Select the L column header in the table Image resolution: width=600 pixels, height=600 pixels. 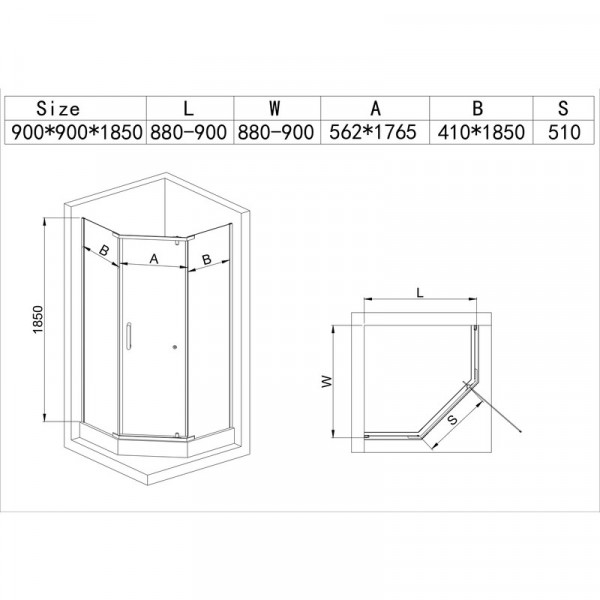pyautogui.click(x=190, y=108)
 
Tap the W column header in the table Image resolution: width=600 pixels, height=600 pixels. pyautogui.click(x=276, y=108)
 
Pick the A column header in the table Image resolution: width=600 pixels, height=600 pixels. pyautogui.click(x=375, y=108)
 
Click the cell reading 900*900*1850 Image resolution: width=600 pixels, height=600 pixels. pyautogui.click(x=75, y=132)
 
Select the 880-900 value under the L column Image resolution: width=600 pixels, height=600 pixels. pyautogui.click(x=190, y=132)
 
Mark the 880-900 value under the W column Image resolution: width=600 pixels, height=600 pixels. pyautogui.click(x=276, y=132)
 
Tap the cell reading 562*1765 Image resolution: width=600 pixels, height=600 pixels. pyautogui.click(x=375, y=132)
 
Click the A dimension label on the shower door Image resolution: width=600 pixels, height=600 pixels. pyautogui.click(x=154, y=258)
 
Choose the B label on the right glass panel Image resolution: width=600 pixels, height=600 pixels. pyautogui.click(x=206, y=259)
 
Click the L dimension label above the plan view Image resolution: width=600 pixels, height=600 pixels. pyautogui.click(x=420, y=293)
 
